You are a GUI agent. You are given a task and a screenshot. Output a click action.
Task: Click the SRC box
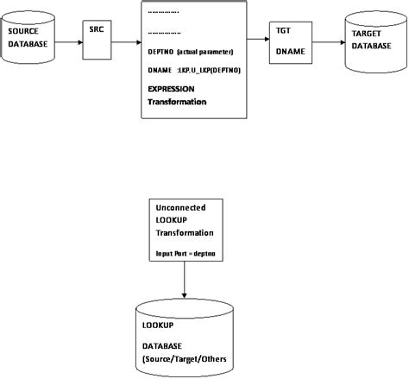[98, 40]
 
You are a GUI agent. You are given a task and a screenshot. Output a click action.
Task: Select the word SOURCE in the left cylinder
[22, 31]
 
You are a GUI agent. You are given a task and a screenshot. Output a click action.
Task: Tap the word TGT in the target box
[283, 30]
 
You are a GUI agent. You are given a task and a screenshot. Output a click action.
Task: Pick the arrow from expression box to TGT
[258, 38]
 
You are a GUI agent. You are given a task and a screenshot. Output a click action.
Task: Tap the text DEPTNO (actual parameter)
[185, 53]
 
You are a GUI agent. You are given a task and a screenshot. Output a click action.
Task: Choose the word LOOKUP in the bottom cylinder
[159, 325]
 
